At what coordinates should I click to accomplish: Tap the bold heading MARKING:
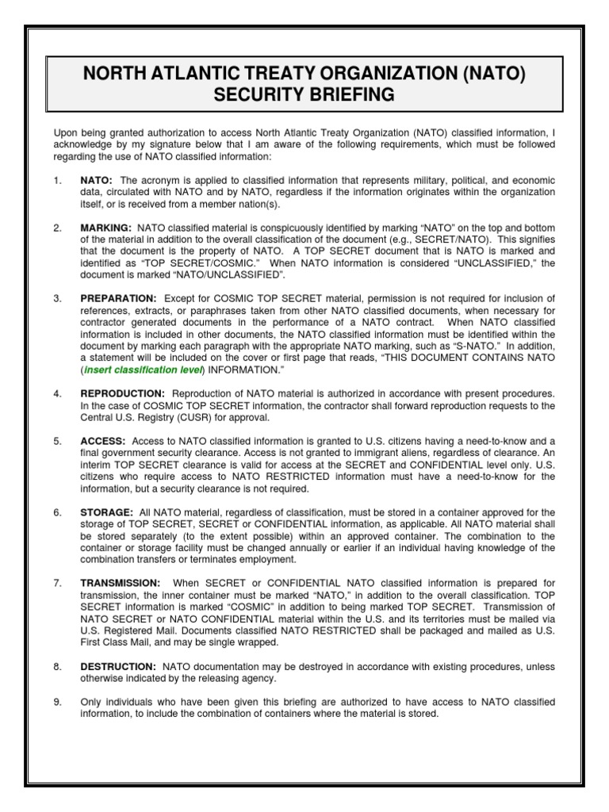click(x=106, y=228)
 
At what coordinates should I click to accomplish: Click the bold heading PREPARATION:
click(x=117, y=298)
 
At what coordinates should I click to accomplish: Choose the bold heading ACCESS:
click(x=103, y=441)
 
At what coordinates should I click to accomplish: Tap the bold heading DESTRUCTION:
click(x=118, y=667)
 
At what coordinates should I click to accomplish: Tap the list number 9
click(x=57, y=703)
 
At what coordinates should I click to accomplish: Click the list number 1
click(x=57, y=181)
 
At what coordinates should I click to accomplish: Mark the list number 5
click(x=57, y=441)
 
